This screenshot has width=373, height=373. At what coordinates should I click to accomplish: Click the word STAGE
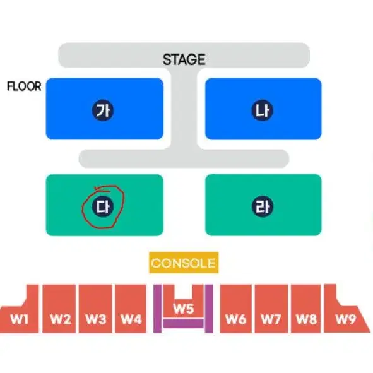pyautogui.click(x=184, y=59)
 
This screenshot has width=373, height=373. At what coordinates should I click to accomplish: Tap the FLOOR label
pyautogui.click(x=24, y=86)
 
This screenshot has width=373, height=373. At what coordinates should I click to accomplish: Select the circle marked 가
pyautogui.click(x=103, y=110)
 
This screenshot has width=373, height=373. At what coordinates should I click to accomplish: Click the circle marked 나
pyautogui.click(x=263, y=110)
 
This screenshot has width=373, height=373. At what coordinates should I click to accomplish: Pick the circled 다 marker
pyautogui.click(x=103, y=207)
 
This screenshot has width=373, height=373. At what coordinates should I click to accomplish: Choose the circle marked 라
pyautogui.click(x=263, y=206)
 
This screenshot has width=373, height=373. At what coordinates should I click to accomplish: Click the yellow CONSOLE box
pyautogui.click(x=184, y=263)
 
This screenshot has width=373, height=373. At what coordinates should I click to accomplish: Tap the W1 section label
pyautogui.click(x=19, y=319)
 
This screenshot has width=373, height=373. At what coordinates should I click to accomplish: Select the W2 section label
pyautogui.click(x=61, y=319)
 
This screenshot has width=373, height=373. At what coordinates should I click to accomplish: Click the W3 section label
pyautogui.click(x=96, y=319)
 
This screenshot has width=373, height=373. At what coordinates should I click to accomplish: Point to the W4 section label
pyautogui.click(x=131, y=319)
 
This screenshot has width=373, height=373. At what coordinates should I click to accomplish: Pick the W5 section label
pyautogui.click(x=184, y=309)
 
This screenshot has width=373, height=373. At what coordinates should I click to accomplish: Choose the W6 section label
pyautogui.click(x=236, y=319)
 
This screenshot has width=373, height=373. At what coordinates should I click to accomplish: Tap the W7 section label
pyautogui.click(x=271, y=319)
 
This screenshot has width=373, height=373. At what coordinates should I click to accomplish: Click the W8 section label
pyautogui.click(x=306, y=319)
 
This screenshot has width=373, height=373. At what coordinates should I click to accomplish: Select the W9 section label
pyautogui.click(x=346, y=319)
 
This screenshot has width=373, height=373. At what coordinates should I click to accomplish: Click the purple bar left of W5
pyautogui.click(x=157, y=309)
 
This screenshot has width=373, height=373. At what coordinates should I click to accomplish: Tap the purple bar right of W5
pyautogui.click(x=209, y=309)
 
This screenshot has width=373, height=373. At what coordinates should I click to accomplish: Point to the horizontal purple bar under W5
pyautogui.click(x=183, y=324)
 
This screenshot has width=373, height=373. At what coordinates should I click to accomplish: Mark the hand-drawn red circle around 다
pyautogui.click(x=83, y=207)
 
